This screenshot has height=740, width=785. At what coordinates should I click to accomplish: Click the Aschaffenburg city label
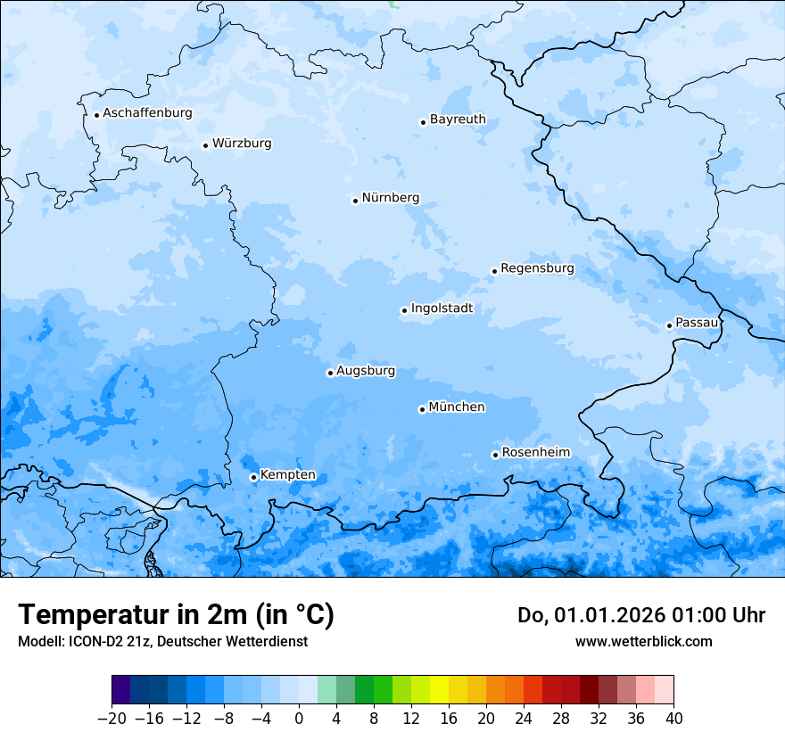point(147,113)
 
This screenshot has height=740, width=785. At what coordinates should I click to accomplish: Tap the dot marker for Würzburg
point(205,145)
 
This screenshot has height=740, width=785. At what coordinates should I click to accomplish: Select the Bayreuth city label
point(458,119)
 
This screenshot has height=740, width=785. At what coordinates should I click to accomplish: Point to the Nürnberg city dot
point(355,201)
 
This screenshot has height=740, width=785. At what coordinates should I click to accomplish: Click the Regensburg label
point(537,268)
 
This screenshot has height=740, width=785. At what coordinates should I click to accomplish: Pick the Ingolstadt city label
point(442,308)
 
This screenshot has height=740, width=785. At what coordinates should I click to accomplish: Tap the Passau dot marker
point(669,325)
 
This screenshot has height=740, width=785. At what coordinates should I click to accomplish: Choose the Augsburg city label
point(366,371)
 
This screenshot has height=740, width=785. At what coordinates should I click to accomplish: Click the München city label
point(457,407)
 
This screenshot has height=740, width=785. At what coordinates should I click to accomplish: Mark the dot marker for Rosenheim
point(495,455)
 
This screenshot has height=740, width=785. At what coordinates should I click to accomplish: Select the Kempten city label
point(288,475)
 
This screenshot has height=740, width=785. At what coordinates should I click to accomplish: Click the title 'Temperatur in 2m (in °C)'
point(176,615)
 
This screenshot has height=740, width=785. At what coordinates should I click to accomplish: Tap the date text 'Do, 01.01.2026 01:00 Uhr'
point(641,615)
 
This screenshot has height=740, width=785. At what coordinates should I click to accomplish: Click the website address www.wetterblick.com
point(643,641)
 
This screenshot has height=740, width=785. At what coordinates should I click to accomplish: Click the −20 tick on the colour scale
point(112,719)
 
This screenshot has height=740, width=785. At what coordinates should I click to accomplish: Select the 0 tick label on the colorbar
point(299,719)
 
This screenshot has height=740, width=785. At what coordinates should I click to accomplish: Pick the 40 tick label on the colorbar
point(673,719)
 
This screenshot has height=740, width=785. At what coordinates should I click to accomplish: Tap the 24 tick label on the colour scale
point(524,719)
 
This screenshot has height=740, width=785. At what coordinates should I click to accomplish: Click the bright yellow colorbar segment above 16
point(439,690)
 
